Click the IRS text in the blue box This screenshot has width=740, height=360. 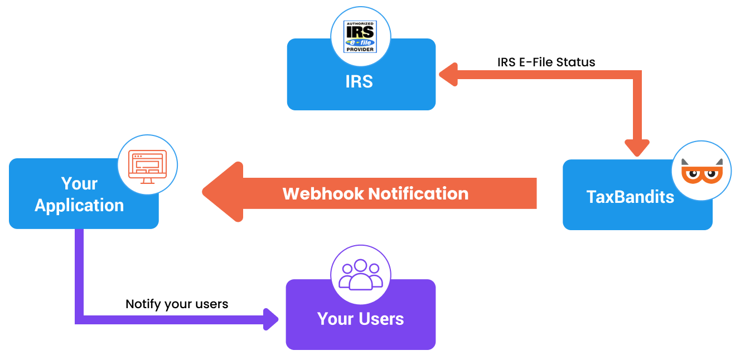pyautogui.click(x=359, y=81)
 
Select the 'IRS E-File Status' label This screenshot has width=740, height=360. pyautogui.click(x=546, y=62)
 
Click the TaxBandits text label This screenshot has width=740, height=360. pyautogui.click(x=630, y=196)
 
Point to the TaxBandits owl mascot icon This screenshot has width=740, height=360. pyautogui.click(x=702, y=171)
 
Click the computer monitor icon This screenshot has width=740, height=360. pyautogui.click(x=147, y=165)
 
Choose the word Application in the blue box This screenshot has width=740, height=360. pyautogui.click(x=79, y=205)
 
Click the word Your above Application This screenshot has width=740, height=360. pyautogui.click(x=79, y=183)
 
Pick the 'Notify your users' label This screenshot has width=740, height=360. pyautogui.click(x=177, y=304)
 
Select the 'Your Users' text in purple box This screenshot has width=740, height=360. pyautogui.click(x=360, y=319)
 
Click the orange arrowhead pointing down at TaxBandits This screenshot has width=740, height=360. pyautogui.click(x=637, y=147)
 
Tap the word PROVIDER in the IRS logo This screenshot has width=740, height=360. pyautogui.click(x=360, y=49)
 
